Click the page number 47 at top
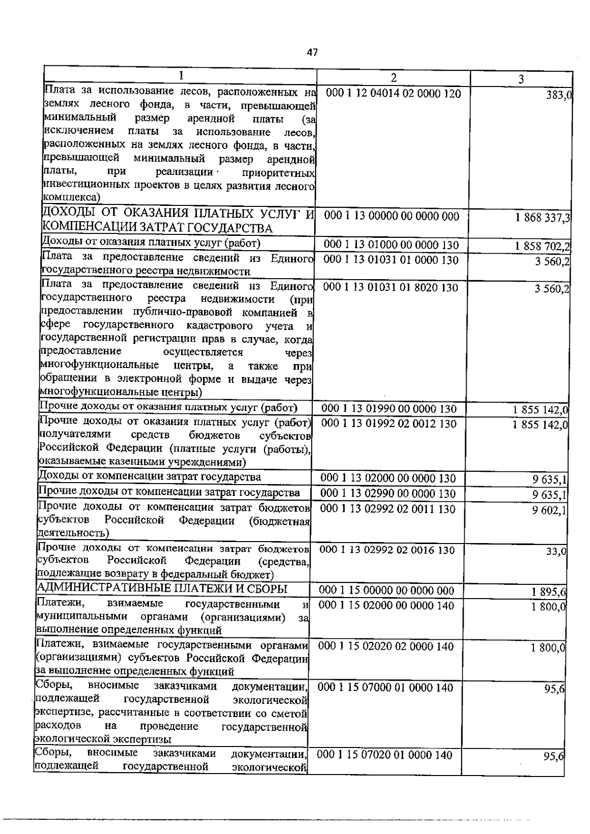[312, 52]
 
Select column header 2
[393, 78]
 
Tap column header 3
[521, 79]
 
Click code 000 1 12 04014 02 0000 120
[393, 93]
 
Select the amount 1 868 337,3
[542, 218]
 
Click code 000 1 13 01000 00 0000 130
[391, 245]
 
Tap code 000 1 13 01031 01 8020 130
[391, 287]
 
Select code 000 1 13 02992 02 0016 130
[387, 550]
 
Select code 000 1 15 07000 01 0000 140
[386, 688]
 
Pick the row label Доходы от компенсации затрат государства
[149, 476]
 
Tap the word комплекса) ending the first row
[72, 198]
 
